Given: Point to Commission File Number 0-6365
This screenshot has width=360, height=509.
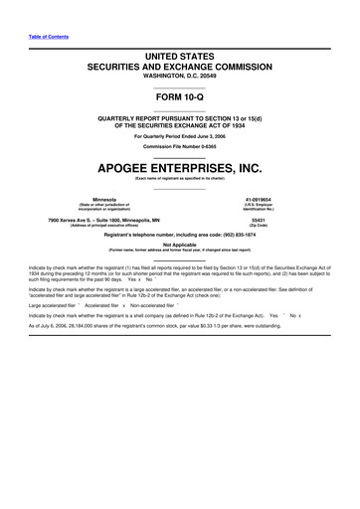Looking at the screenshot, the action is [180, 144].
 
